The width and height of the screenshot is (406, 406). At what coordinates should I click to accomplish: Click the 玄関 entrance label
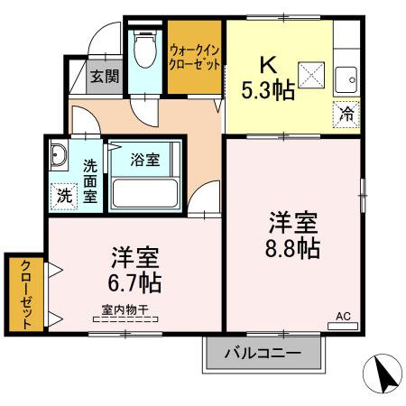[104, 76]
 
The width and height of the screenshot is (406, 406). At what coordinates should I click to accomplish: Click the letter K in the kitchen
[268, 65]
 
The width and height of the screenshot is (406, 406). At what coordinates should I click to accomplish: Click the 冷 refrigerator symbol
[346, 115]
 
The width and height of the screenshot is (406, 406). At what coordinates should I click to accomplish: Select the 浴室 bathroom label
[145, 161]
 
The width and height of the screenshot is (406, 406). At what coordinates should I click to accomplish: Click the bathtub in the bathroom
[145, 193]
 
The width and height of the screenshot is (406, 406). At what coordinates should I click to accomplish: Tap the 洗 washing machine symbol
[65, 194]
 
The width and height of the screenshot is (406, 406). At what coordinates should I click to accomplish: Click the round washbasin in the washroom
[60, 156]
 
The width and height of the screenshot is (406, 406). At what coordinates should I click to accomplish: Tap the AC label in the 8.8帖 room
[343, 316]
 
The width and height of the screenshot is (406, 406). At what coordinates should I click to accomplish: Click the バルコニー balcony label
[262, 351]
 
